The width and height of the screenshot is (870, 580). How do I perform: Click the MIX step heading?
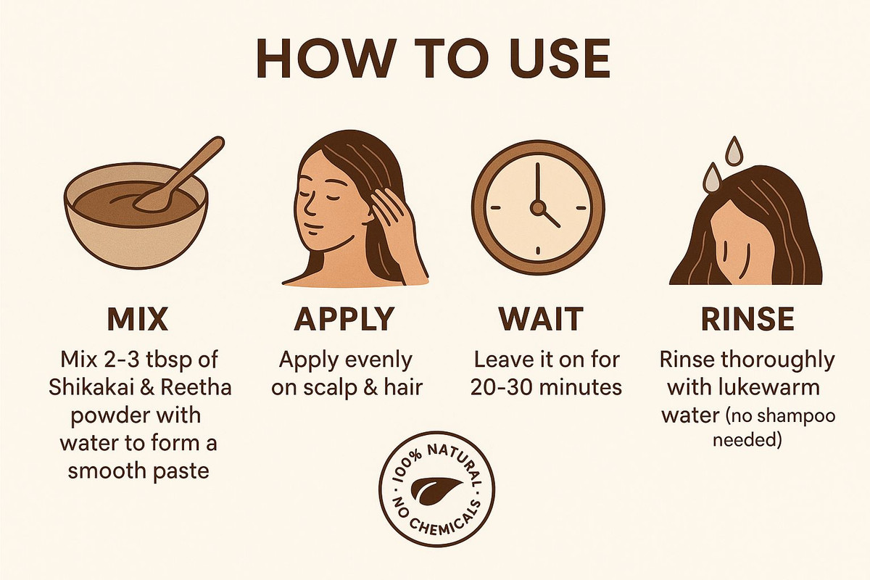coord(138,319)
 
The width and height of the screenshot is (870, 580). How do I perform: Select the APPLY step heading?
coord(344,319)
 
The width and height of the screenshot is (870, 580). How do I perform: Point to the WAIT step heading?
coord(541,319)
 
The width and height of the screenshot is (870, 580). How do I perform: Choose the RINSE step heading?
coord(747,319)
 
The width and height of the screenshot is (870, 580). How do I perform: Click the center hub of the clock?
coord(538,208)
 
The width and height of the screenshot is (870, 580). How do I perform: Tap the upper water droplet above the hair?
coord(734,150)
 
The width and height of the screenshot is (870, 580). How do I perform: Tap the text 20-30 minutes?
coord(546,388)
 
